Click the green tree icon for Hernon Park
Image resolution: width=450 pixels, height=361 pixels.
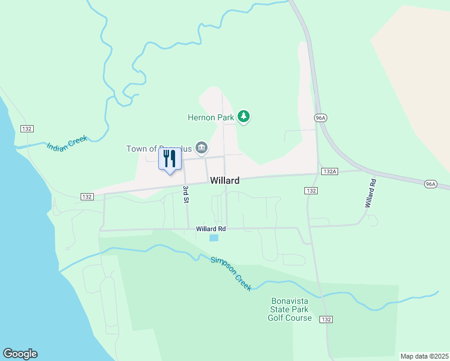[x=244, y=116]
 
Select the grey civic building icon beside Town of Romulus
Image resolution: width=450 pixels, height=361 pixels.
[x=202, y=148]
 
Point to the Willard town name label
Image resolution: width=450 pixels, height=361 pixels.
[x=225, y=180]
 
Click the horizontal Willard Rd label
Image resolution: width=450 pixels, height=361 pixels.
[x=211, y=229]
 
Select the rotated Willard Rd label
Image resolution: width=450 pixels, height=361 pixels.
[x=369, y=193]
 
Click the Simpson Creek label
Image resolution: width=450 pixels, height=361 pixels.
[x=231, y=274]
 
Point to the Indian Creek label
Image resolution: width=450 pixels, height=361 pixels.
[x=67, y=143]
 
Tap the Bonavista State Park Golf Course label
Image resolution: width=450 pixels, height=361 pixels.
[x=290, y=309]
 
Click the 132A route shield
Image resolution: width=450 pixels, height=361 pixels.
[x=329, y=171]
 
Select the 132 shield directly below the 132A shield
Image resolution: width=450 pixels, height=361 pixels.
[x=310, y=190]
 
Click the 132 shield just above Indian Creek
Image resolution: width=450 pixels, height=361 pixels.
[x=26, y=129]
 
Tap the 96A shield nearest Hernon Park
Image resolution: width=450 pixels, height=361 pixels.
[x=319, y=118]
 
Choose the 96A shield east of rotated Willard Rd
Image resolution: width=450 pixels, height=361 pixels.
[x=430, y=184]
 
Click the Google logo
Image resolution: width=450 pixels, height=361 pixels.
[x=20, y=354]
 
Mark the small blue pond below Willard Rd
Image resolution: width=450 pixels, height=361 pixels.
[x=214, y=238]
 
